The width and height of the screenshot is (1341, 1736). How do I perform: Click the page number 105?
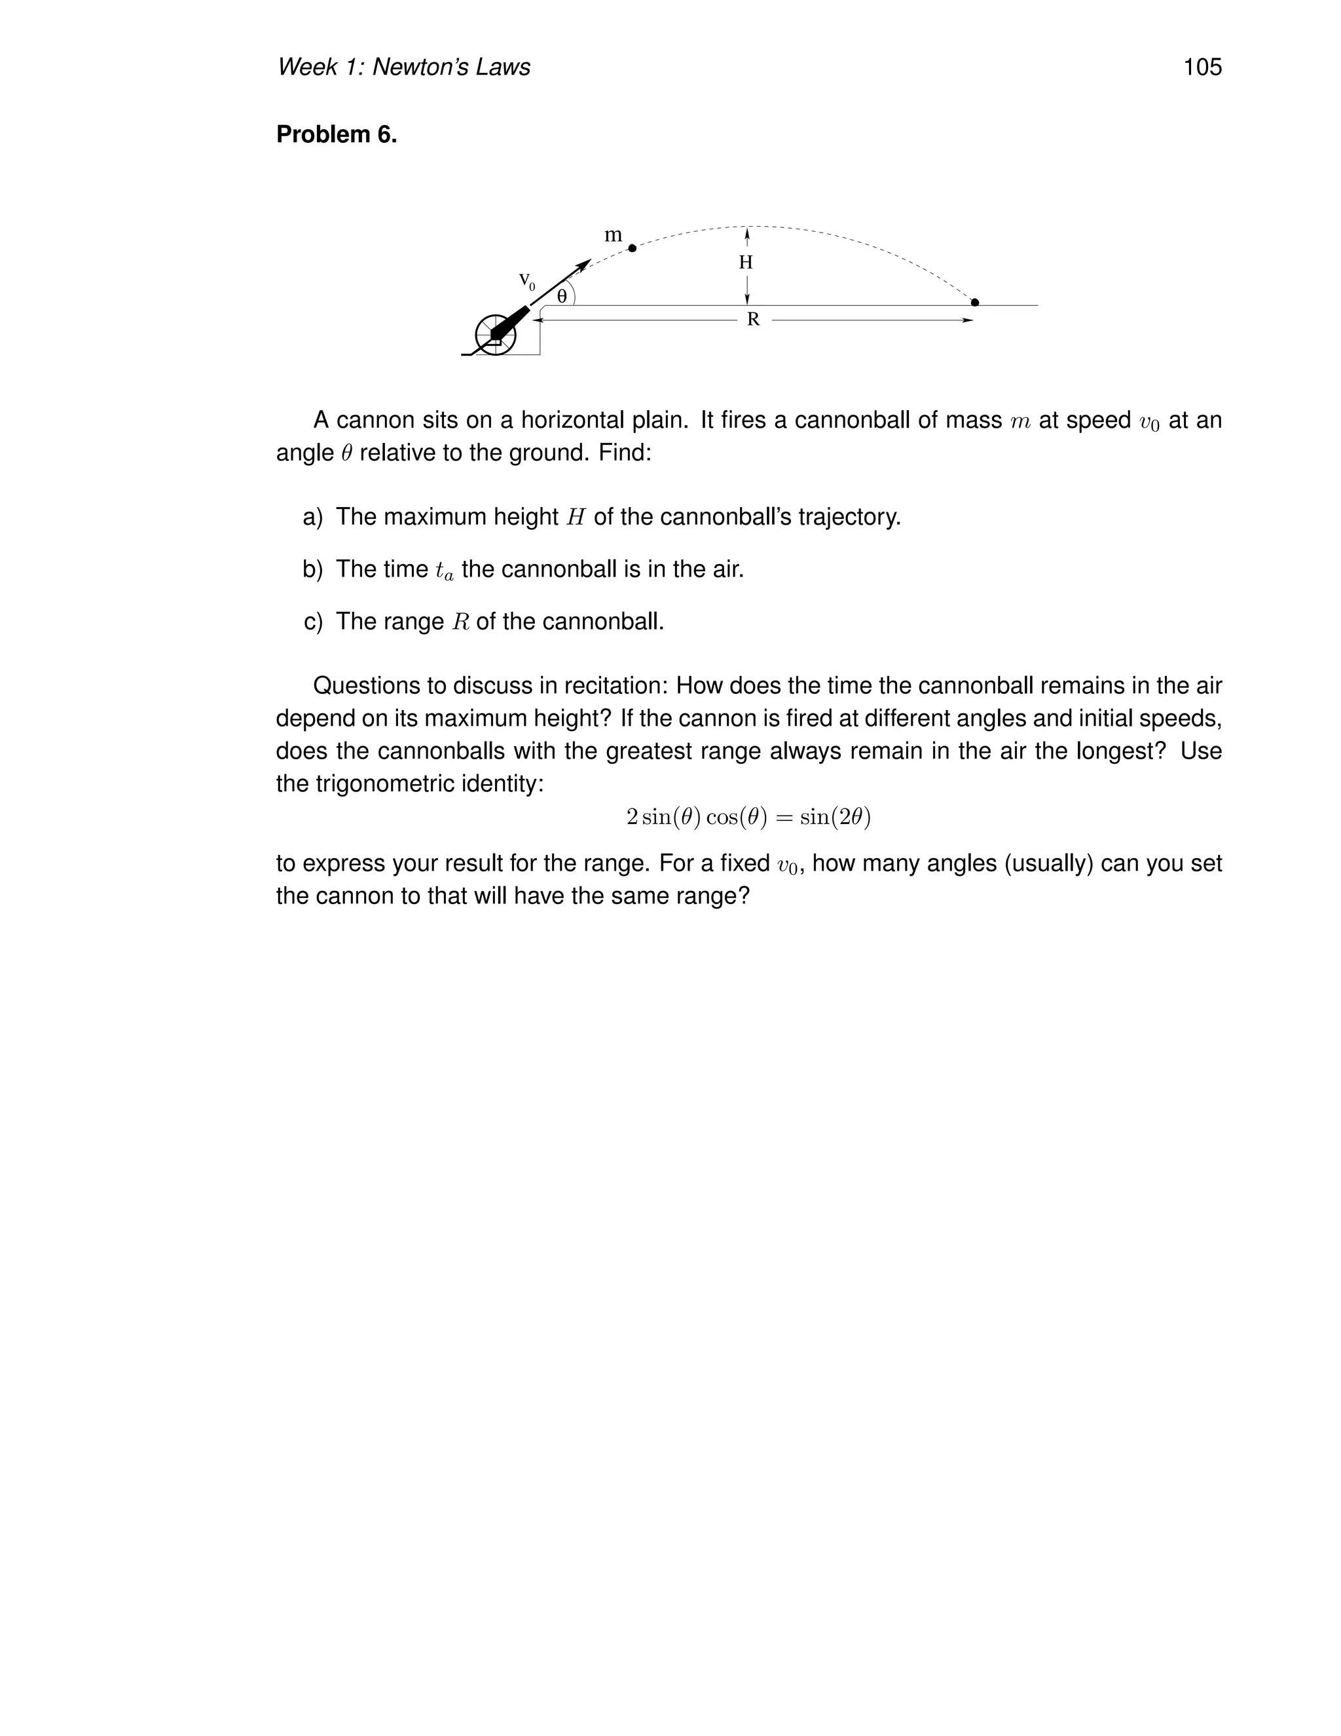1202,67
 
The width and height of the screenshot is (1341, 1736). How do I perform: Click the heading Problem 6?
336,134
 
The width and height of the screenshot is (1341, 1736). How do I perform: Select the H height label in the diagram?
745,262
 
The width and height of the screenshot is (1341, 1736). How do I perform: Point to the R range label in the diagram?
753,320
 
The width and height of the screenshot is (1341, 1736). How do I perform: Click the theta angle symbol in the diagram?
562,297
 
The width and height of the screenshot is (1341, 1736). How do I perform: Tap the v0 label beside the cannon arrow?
526,280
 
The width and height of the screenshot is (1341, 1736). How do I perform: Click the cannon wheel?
495,335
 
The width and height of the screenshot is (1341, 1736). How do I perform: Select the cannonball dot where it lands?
975,302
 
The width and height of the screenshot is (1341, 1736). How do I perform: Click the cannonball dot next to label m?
633,248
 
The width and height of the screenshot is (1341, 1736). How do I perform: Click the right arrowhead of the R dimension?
968,320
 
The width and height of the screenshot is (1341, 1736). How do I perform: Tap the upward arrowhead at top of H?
746,232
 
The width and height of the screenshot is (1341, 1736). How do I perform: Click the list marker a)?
313,517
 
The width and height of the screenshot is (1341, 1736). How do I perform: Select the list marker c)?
313,621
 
